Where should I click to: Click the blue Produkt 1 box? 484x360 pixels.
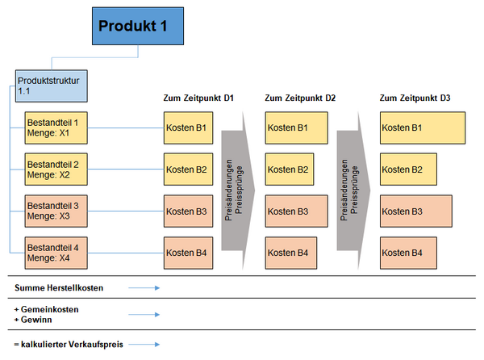(x=138, y=27)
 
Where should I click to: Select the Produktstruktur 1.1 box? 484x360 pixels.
(x=52, y=86)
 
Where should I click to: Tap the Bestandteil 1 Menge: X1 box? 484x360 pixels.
(x=56, y=128)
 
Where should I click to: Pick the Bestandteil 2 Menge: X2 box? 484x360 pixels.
(x=56, y=170)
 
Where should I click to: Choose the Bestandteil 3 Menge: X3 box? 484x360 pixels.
(x=56, y=211)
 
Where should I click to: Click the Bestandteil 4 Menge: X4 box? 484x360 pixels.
(x=56, y=253)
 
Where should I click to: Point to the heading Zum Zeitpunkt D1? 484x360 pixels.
(x=198, y=98)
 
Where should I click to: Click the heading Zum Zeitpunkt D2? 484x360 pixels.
(x=300, y=98)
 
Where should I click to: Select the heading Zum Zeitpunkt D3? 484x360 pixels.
(x=415, y=98)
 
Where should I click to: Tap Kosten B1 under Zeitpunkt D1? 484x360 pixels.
(x=188, y=128)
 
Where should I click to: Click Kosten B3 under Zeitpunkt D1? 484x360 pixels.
(x=188, y=211)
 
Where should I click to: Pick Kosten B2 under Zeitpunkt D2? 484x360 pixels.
(x=290, y=170)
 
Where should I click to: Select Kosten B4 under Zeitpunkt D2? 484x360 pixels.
(x=291, y=253)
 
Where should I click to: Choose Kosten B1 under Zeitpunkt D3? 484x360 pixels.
(x=423, y=128)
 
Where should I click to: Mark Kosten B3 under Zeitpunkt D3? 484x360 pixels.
(x=416, y=211)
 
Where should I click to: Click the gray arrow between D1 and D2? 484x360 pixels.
(x=238, y=190)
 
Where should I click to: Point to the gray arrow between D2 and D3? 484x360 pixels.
(x=354, y=190)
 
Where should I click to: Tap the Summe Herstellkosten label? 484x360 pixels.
(x=59, y=287)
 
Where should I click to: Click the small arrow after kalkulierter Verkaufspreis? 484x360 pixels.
(x=144, y=344)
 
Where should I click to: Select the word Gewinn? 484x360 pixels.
(x=36, y=320)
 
